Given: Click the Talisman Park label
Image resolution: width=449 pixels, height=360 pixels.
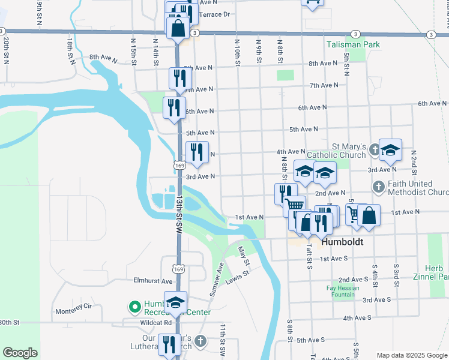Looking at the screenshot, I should pos(353,44).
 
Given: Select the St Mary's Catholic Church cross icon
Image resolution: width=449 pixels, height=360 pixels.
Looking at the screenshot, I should pos(373,148).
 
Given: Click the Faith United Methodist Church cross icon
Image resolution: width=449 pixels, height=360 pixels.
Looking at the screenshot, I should pos(379,187).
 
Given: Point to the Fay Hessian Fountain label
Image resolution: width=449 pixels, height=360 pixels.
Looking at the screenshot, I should pos(343,292).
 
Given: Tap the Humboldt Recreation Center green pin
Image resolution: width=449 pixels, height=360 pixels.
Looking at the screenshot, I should pos(134,307).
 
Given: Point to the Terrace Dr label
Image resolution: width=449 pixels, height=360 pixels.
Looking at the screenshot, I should pos(214,14).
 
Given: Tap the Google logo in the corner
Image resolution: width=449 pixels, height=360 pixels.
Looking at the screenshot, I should pos(20,353).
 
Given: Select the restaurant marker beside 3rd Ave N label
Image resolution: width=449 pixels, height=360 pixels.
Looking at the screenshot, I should pos(197,152).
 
